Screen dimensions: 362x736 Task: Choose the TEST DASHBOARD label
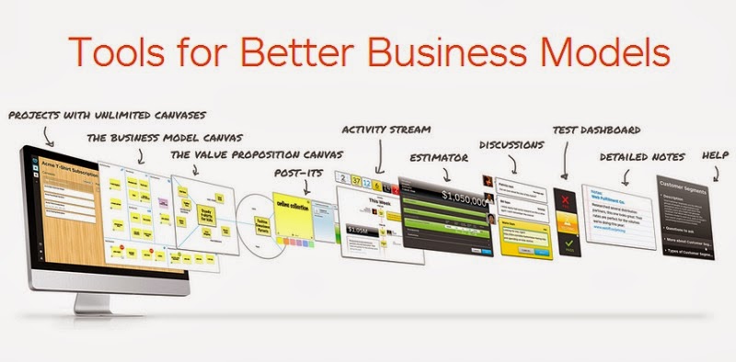[596, 130]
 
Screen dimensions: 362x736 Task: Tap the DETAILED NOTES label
[642, 157]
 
